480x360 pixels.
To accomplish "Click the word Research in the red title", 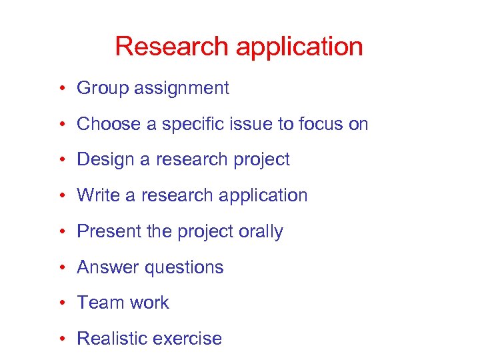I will [x=171, y=47].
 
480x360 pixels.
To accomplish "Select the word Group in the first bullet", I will [x=99, y=89].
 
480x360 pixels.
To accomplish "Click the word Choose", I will [x=103, y=124].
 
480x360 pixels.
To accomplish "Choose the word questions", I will [x=184, y=268].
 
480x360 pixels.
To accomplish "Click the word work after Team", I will [x=150, y=303].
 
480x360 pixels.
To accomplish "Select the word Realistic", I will [x=111, y=339].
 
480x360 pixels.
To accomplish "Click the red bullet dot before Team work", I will [x=61, y=303].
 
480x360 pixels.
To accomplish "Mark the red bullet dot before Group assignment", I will [x=61, y=89].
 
